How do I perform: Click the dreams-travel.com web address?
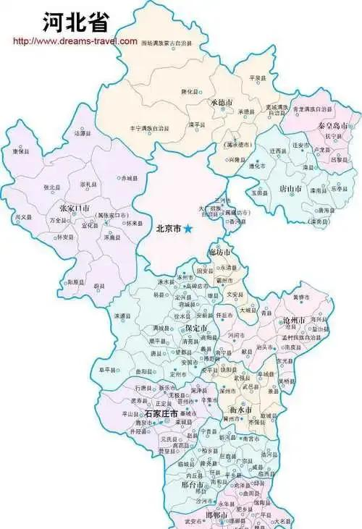tap(75, 41)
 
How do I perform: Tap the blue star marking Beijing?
tap(188, 229)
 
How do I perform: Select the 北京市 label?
tap(169, 229)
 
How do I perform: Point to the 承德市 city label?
tap(222, 103)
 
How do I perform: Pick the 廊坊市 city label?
tap(219, 252)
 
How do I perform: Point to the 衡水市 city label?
tap(240, 410)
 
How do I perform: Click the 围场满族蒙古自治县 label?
tap(167, 44)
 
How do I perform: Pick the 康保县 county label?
tap(20, 151)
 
